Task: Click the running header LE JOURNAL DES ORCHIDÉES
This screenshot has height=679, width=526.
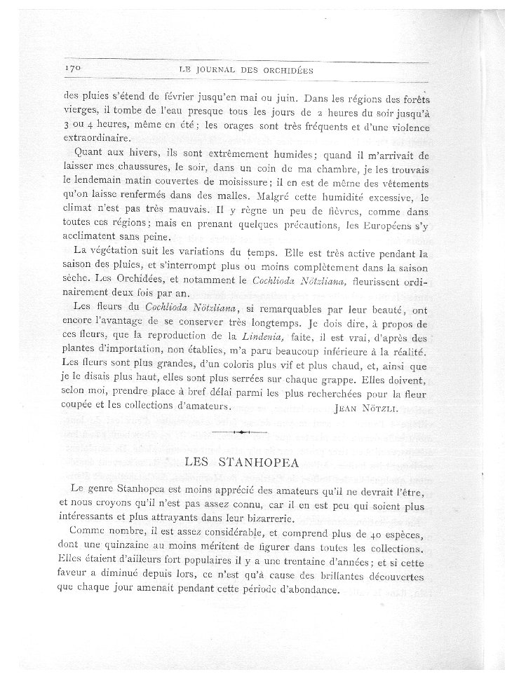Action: [245, 70]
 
